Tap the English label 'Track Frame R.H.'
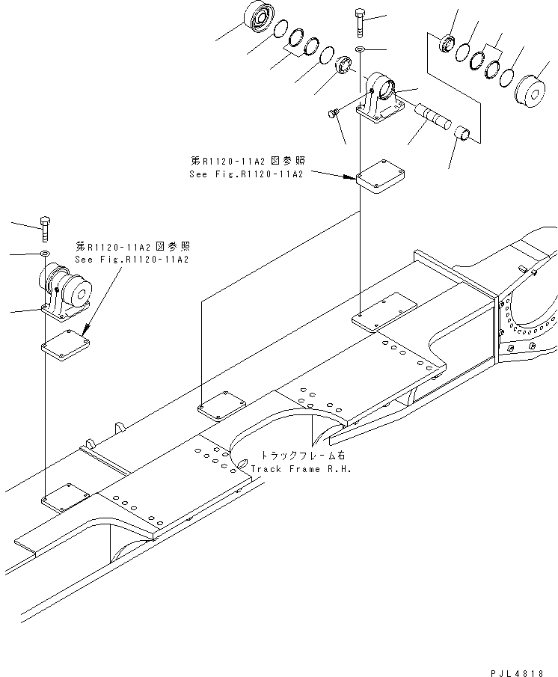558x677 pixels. pyautogui.click(x=300, y=469)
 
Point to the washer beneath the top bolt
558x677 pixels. pyautogui.click(x=361, y=49)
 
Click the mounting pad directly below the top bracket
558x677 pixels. pyautogui.click(x=380, y=177)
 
